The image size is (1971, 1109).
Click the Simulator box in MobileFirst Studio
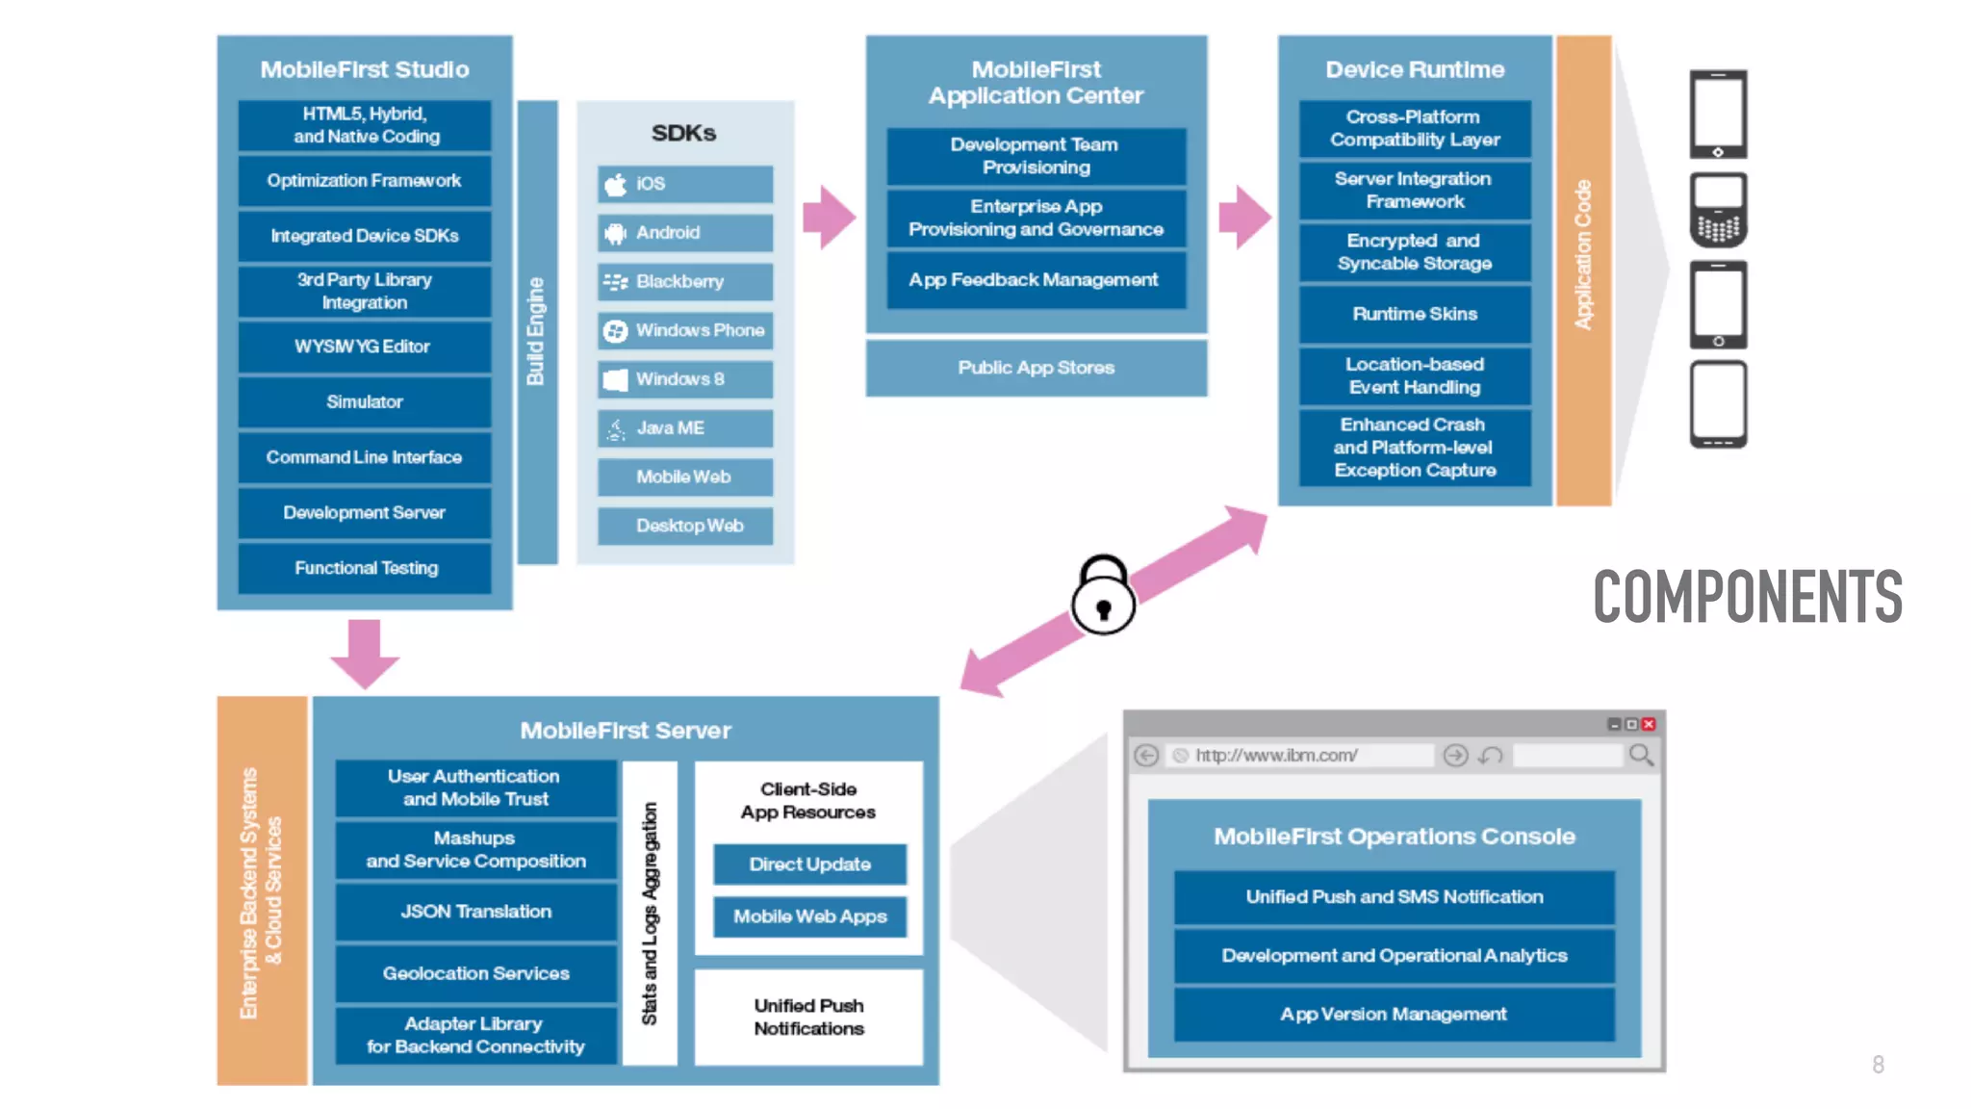[364, 402]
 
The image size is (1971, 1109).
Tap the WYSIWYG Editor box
[364, 347]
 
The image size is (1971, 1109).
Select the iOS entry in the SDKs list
[684, 184]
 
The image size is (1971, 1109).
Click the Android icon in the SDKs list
[615, 233]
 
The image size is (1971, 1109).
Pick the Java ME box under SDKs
[684, 428]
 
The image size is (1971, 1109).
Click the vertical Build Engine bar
[537, 332]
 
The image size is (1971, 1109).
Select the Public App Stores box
[1036, 368]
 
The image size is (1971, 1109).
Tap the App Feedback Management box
[1035, 280]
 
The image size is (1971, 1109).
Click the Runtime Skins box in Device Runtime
[1414, 315]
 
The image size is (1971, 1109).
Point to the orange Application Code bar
[1583, 270]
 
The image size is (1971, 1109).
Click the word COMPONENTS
[1747, 597]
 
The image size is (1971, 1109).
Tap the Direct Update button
[809, 864]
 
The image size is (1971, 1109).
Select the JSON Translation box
[475, 912]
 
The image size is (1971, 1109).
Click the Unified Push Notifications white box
[808, 1018]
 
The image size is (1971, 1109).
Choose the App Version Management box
[1394, 1015]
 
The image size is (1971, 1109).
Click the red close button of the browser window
[1649, 724]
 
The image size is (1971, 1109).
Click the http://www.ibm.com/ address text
[1276, 756]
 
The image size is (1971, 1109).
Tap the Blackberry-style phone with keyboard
[1718, 210]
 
